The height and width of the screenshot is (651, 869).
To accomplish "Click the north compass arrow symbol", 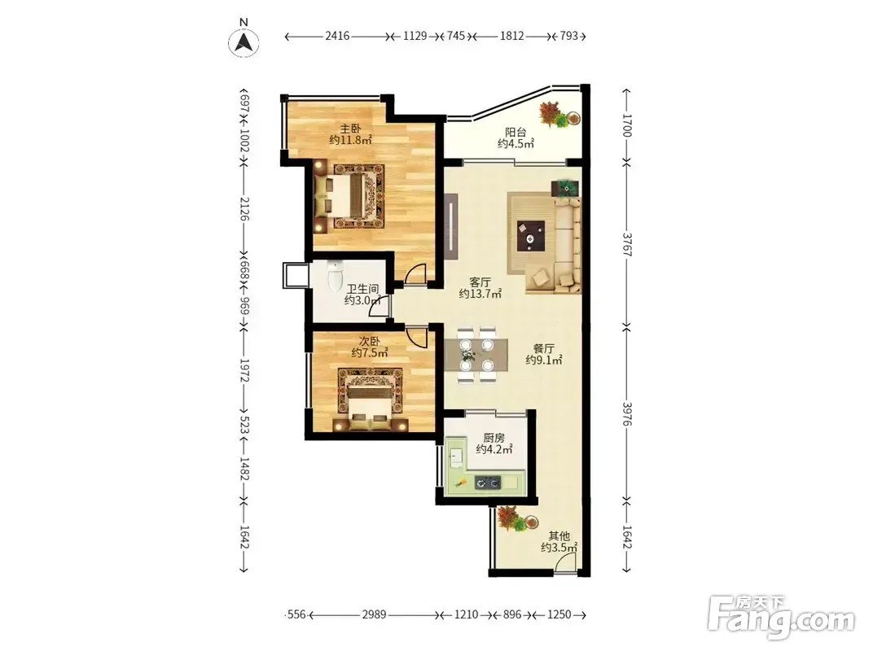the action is pos(244,42).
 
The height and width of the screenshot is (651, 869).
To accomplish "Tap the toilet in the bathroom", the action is pos(336,276).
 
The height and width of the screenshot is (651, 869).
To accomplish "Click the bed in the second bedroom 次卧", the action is pos(371,407).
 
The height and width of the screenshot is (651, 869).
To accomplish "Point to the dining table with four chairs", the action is pos(476,354).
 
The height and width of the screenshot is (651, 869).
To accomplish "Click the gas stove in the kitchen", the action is pos(488,483).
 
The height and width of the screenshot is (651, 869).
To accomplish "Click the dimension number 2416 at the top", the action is pos(337,36).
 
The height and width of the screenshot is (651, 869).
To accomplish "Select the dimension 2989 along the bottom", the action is pos(374,614).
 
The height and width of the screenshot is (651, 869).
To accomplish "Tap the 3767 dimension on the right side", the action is pos(627,244).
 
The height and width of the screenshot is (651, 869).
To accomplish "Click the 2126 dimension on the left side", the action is pos(244,208).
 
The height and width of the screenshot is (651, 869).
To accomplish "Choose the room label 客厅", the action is pos(480,282).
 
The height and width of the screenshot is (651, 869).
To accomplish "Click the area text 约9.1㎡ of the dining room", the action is pos(544,360).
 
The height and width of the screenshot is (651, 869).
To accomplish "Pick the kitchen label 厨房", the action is pos(494,438).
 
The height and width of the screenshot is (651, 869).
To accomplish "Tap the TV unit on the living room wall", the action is pos(452,227).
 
